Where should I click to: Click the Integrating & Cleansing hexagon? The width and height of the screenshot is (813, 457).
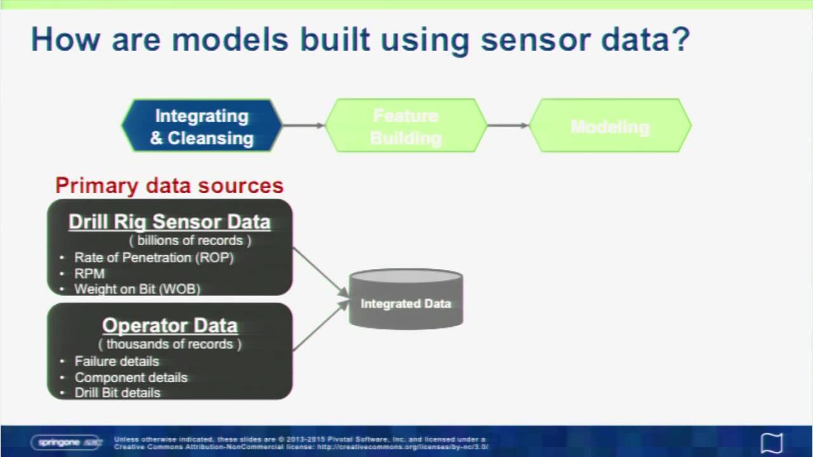[x=202, y=126]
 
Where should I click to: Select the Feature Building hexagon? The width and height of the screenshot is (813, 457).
[x=406, y=126]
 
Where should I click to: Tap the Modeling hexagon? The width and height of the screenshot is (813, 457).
[x=610, y=126]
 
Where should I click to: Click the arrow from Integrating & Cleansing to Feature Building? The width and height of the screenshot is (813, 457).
[x=304, y=126]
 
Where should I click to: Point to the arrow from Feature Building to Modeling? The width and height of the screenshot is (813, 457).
[x=508, y=126]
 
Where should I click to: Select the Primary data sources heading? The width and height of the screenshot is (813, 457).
[x=169, y=185]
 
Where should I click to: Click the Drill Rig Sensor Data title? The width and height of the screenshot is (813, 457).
[x=170, y=222]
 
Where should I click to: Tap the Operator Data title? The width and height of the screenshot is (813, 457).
[x=170, y=325]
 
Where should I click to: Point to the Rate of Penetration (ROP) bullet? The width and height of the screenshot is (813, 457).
[x=154, y=258]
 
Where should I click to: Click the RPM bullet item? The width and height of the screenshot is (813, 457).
[x=90, y=274]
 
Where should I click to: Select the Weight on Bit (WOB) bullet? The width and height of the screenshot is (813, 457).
[x=137, y=289]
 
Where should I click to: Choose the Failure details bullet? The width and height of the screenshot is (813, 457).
[x=117, y=361]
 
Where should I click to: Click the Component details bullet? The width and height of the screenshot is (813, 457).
[x=131, y=377]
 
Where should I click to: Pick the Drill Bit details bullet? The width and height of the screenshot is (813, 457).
[x=118, y=392]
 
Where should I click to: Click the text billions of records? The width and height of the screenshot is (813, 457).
[x=190, y=241]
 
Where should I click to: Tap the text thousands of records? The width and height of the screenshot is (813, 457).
[x=170, y=344]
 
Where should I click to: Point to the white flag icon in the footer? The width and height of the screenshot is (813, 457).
[x=772, y=442]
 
